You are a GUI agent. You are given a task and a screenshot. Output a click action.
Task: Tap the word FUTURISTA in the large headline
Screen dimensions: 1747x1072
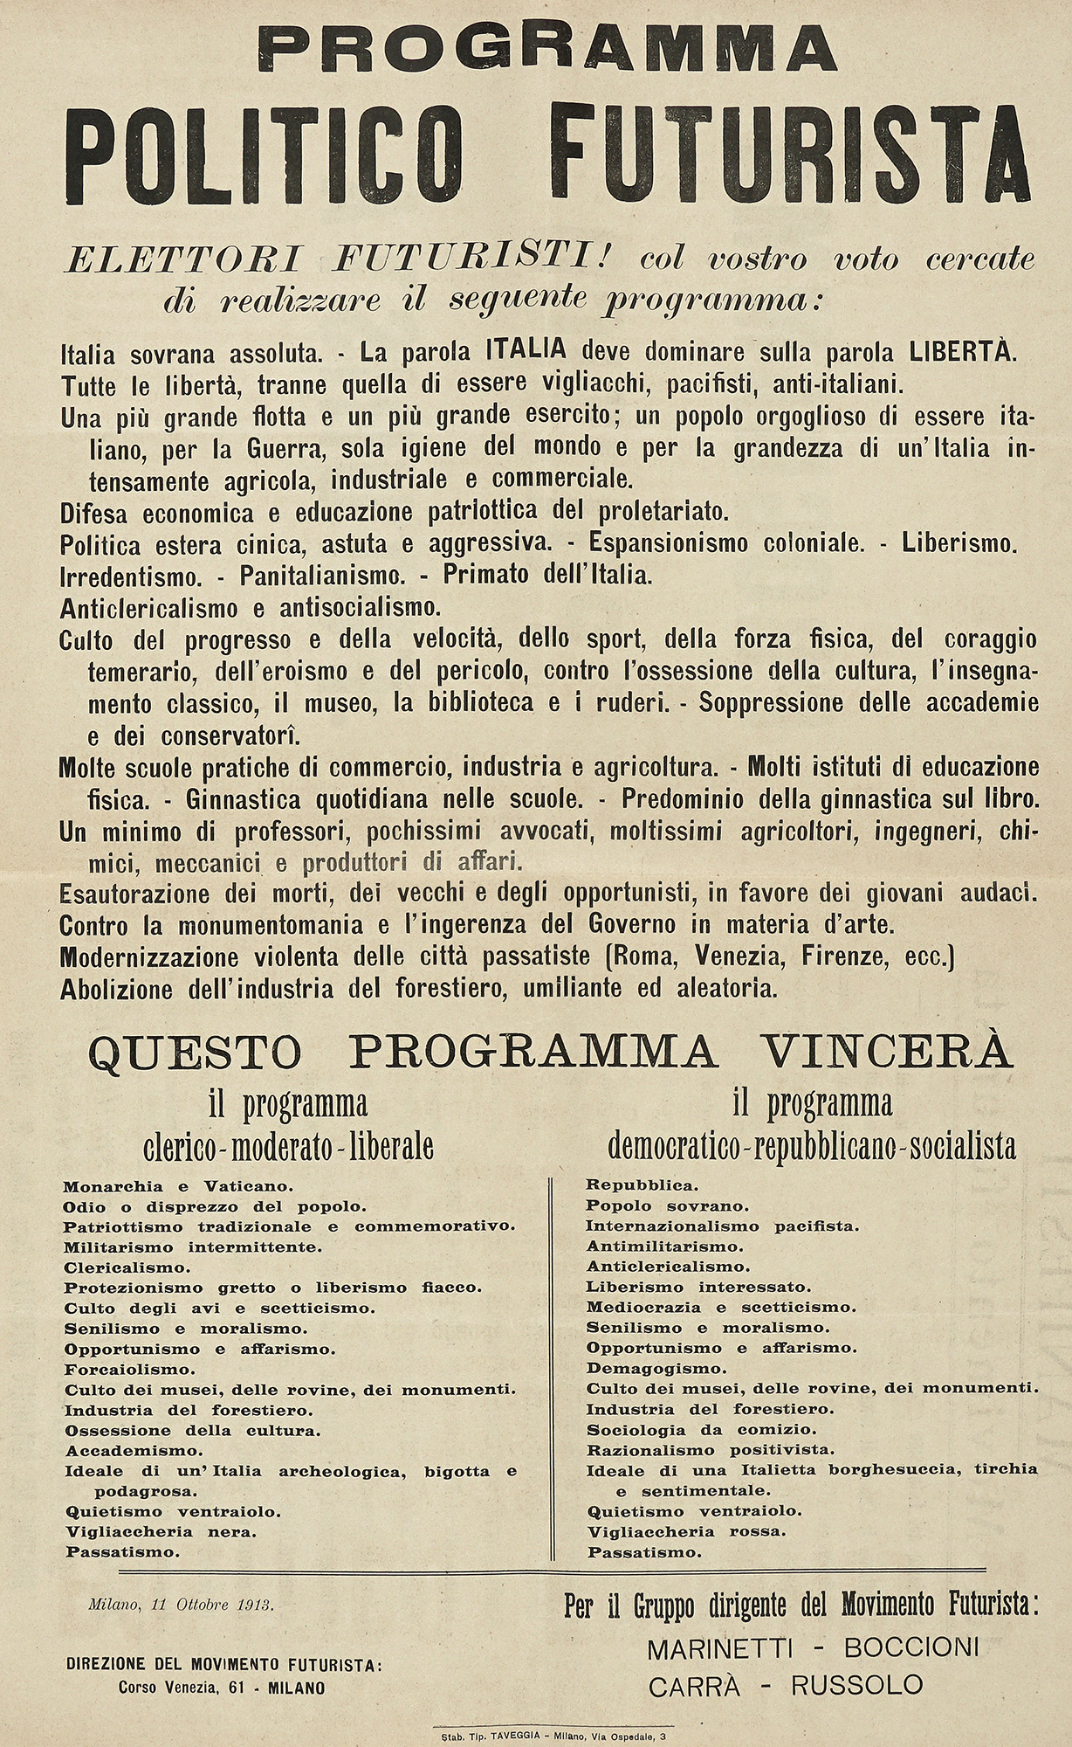793,153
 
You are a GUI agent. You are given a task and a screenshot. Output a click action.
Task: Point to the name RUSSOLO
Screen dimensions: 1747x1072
856,1685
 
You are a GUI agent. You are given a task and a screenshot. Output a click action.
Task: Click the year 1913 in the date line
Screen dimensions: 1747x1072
252,1605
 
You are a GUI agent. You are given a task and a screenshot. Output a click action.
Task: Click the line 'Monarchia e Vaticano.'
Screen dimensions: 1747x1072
177,1186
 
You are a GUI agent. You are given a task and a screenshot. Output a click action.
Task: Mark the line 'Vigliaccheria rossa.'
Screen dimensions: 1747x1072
687,1531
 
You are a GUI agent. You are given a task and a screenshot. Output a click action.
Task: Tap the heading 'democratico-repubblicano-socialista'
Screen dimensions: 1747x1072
812,1145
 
